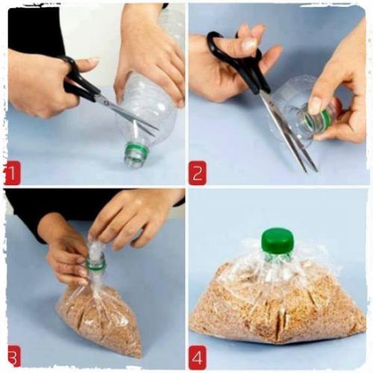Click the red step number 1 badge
pos(12,173)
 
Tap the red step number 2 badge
pos(198,173)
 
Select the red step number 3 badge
pos(13,357)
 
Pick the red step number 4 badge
pos(198,357)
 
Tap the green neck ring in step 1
pos(137,150)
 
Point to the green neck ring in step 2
pos(325,119)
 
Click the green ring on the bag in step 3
pos(96,264)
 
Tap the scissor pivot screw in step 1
pos(107,102)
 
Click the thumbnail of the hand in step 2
pos(249,44)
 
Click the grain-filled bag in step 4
pos(278,301)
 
